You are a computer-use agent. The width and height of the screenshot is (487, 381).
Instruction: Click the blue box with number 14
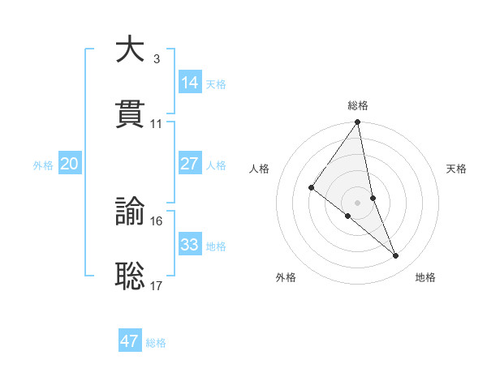click(x=190, y=83)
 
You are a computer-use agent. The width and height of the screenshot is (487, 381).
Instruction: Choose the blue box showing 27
click(x=190, y=164)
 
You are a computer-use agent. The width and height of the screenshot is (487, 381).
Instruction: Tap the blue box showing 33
click(x=190, y=245)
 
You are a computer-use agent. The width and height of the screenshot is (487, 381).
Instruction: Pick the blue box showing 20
click(x=70, y=164)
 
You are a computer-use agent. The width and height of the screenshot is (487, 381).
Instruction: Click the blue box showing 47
click(x=130, y=341)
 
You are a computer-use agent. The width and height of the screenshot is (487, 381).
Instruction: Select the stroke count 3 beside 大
click(x=156, y=58)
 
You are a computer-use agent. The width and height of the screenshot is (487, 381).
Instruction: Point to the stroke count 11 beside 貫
click(x=157, y=124)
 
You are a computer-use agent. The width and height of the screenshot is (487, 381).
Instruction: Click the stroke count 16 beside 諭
click(x=157, y=220)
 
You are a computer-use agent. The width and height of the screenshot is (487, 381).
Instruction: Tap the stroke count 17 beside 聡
click(x=157, y=285)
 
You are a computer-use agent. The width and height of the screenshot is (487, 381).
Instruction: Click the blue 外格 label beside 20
click(x=43, y=165)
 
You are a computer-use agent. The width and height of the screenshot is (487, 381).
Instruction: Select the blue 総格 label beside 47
click(x=156, y=343)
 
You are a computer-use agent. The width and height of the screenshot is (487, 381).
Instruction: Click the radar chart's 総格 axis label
click(x=358, y=105)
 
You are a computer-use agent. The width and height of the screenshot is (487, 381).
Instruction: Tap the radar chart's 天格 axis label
click(x=457, y=169)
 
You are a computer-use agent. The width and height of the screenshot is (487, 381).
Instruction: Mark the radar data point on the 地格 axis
click(x=396, y=255)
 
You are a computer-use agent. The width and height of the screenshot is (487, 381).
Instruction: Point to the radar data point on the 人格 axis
click(x=312, y=188)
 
